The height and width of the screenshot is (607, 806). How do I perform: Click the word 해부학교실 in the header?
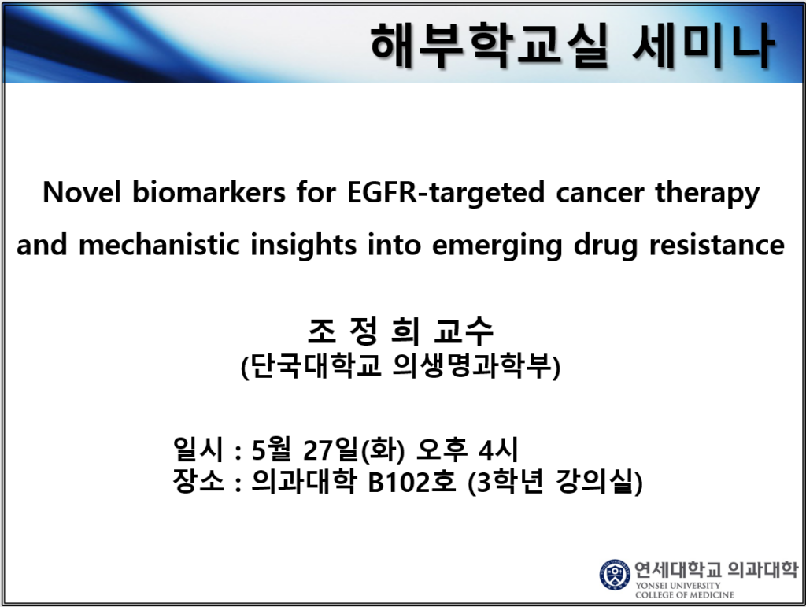tap(490, 45)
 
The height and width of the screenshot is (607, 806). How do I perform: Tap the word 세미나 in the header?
tap(703, 45)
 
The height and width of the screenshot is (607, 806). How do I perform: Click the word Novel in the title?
tap(82, 192)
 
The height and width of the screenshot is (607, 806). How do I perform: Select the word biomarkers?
tap(209, 192)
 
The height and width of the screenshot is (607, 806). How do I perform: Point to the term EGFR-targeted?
tap(446, 193)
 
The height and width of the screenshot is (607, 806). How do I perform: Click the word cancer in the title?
tap(600, 193)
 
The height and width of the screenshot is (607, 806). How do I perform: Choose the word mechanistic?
tap(159, 245)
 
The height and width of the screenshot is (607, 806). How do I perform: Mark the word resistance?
tap(717, 245)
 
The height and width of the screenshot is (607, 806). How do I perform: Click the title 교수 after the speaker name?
tap(464, 331)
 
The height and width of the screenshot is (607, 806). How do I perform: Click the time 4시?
tap(498, 450)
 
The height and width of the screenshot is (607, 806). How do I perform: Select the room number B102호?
tap(412, 482)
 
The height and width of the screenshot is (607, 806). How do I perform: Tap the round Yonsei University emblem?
tap(615, 575)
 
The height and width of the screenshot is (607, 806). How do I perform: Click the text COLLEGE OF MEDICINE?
tap(685, 594)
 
